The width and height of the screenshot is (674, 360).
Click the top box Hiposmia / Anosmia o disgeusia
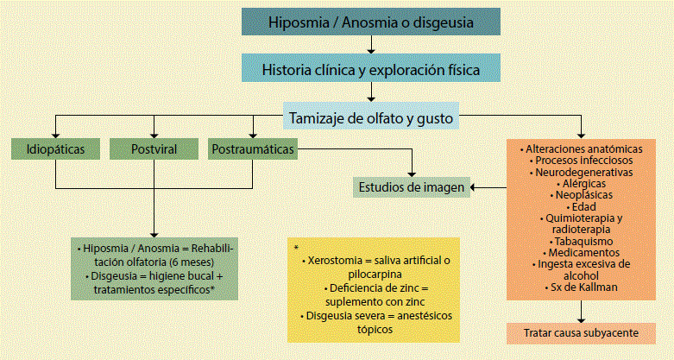[370, 22]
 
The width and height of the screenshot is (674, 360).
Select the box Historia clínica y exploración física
[370, 67]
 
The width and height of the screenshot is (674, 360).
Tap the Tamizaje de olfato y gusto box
[370, 115]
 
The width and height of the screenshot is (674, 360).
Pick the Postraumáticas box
[252, 148]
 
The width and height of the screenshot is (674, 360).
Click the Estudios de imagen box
[412, 186]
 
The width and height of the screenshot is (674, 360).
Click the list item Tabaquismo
[584, 241]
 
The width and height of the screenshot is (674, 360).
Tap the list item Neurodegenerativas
[584, 172]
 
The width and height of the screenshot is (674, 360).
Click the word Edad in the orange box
[584, 206]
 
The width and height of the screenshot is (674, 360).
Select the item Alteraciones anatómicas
[584, 148]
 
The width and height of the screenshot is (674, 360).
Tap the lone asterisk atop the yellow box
[296, 249]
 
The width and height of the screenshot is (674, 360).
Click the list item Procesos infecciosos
[584, 160]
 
